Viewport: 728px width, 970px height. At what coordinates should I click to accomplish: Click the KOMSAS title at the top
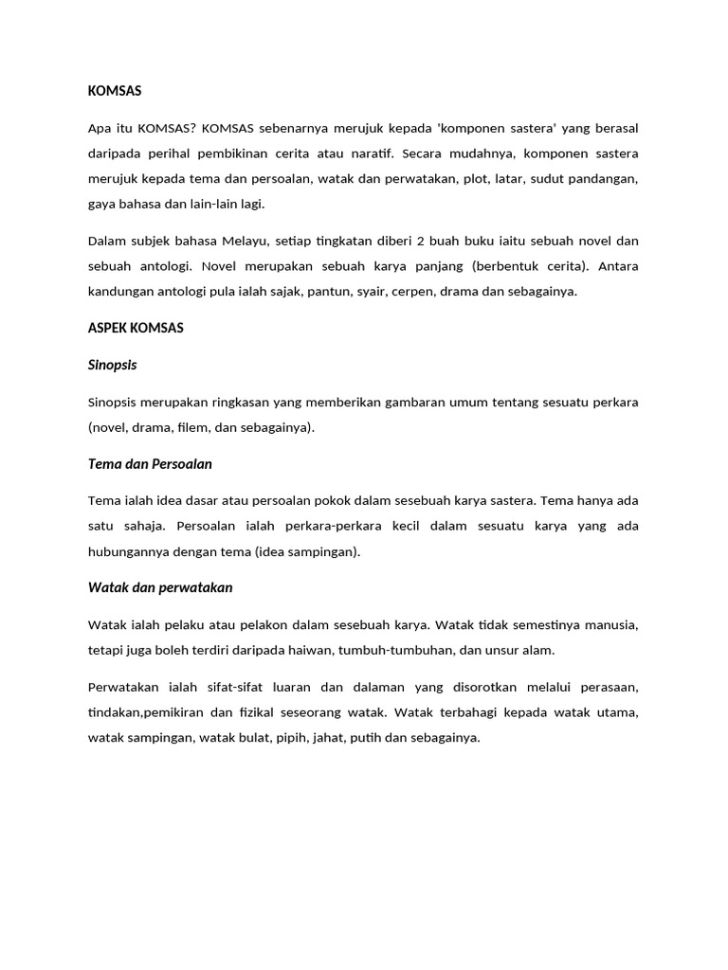click(x=115, y=91)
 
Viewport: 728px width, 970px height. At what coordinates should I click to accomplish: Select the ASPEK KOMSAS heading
click(x=136, y=328)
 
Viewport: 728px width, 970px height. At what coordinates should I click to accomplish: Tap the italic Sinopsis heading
click(x=113, y=365)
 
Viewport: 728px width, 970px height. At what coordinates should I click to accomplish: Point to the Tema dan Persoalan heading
click(x=150, y=464)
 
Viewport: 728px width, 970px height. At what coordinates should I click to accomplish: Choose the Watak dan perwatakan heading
click(x=159, y=587)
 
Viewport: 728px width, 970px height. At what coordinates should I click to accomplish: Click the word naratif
click(x=368, y=153)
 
